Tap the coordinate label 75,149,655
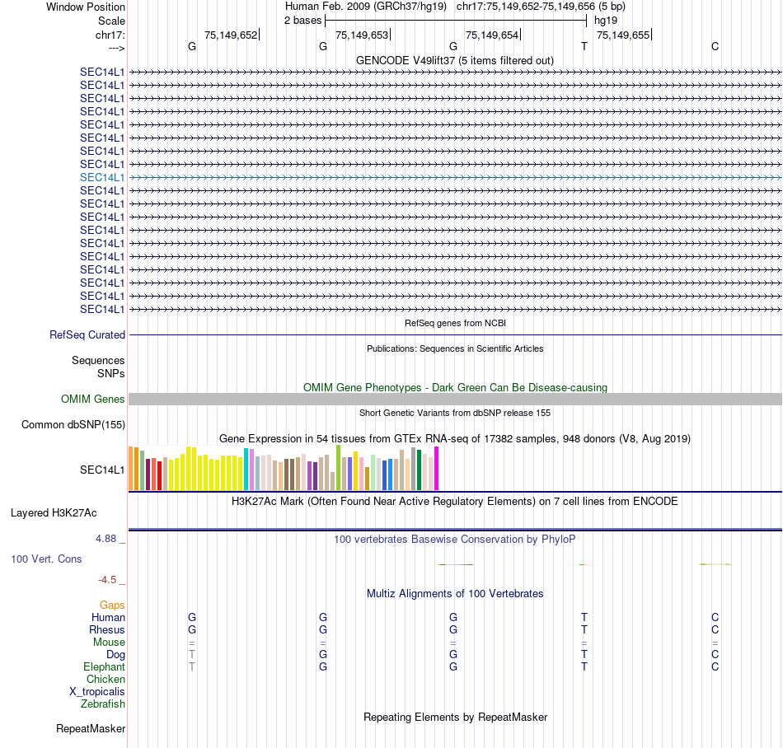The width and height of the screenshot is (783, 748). pyautogui.click(x=622, y=35)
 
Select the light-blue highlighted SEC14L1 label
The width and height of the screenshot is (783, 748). pyautogui.click(x=102, y=177)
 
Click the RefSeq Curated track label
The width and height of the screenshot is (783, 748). pyautogui.click(x=87, y=335)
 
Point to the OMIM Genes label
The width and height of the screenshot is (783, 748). pyautogui.click(x=93, y=400)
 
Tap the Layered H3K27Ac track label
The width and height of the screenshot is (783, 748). pyautogui.click(x=54, y=513)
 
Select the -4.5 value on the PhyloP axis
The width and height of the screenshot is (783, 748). pyautogui.click(x=109, y=580)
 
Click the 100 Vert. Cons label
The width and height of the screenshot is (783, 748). pyautogui.click(x=46, y=559)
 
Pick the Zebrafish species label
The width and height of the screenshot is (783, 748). pyautogui.click(x=103, y=704)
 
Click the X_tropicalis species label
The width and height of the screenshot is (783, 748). pyautogui.click(x=97, y=692)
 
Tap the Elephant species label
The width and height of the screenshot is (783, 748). pyautogui.click(x=104, y=667)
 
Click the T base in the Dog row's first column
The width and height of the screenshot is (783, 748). pyautogui.click(x=192, y=655)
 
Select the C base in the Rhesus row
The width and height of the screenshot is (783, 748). pyautogui.click(x=715, y=630)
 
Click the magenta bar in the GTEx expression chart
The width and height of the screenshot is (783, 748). pyautogui.click(x=436, y=469)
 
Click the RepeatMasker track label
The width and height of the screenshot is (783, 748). pyautogui.click(x=91, y=729)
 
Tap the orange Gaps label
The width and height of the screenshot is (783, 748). pyautogui.click(x=112, y=605)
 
